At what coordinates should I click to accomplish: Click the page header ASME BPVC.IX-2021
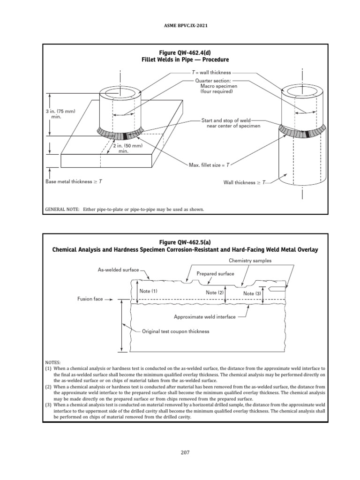coord(180,26)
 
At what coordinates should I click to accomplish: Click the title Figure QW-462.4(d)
coord(180,52)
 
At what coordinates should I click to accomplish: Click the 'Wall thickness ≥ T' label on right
coord(244,181)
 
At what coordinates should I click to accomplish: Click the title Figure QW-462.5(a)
coord(180,242)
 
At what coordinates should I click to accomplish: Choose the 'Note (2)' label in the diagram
coord(215,292)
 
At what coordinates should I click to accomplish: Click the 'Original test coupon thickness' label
coord(175,331)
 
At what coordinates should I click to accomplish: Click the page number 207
coord(180,452)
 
